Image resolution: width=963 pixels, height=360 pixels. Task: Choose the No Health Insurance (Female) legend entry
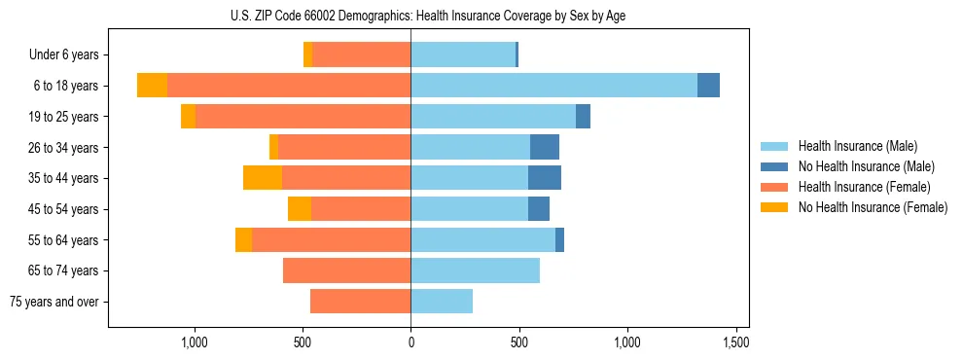coord(873,207)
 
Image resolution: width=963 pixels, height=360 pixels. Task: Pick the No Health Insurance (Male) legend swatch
coord(775,166)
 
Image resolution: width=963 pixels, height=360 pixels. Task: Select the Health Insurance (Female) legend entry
coord(864,187)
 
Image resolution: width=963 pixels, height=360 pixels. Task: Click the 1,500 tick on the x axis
coord(736,342)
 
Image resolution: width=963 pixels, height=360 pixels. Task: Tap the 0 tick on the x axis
coord(410,342)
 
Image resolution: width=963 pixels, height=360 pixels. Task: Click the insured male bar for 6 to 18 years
coord(553,86)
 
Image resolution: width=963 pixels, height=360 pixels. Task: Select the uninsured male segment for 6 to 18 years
coord(708,86)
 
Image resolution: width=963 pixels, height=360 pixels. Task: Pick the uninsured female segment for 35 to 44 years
coord(263,178)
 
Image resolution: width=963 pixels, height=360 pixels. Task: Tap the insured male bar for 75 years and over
coord(442,302)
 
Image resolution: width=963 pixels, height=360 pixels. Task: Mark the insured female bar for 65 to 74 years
coord(346,270)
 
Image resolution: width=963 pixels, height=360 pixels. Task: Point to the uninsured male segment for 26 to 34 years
coord(545,147)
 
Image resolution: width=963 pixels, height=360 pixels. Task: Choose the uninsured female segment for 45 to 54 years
coord(300,209)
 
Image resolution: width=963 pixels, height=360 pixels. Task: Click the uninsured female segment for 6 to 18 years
coord(152,86)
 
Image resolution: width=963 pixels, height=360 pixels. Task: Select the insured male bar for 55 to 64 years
coord(482,239)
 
